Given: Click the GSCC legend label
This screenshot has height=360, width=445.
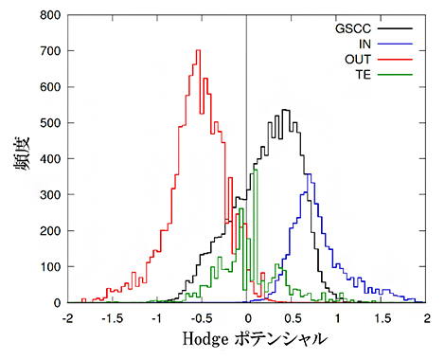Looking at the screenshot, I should [353, 28].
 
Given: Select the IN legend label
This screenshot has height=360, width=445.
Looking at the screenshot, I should [365, 44].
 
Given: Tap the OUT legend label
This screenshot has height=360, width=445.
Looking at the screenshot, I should [358, 59].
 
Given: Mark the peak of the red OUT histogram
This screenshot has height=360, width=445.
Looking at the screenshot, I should [198, 51].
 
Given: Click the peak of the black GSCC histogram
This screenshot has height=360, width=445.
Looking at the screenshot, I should [285, 110].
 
